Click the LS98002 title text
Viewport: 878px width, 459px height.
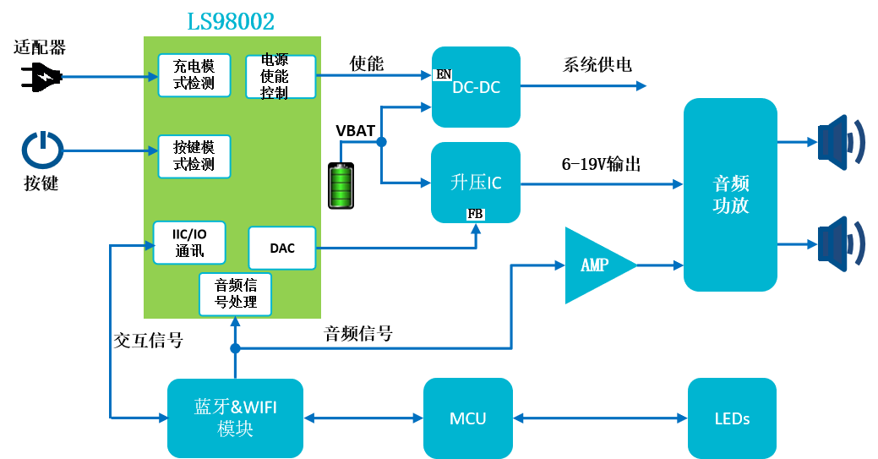tap(231, 20)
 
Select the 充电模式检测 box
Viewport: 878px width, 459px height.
tap(194, 75)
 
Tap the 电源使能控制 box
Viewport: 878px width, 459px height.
tap(280, 77)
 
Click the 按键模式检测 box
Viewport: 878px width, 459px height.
tap(194, 156)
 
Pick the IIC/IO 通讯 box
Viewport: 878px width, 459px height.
tap(189, 243)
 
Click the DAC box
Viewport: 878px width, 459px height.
tap(282, 248)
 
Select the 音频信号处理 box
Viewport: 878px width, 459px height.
tap(236, 293)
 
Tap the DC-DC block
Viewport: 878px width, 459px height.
tap(476, 87)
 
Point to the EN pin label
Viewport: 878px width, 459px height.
tap(443, 75)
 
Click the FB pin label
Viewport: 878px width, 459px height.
tap(476, 215)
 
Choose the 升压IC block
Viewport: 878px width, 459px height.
tap(476, 183)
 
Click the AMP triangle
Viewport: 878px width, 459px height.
tap(595, 265)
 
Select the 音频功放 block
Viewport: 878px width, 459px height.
tap(730, 194)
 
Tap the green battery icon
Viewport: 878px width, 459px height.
tap(341, 186)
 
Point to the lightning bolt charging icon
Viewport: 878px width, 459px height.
tap(46, 77)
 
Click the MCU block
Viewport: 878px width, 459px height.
tap(467, 418)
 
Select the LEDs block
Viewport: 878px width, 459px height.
tap(732, 418)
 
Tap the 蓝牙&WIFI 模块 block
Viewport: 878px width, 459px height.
tap(235, 418)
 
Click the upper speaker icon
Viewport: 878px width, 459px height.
tap(839, 141)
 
